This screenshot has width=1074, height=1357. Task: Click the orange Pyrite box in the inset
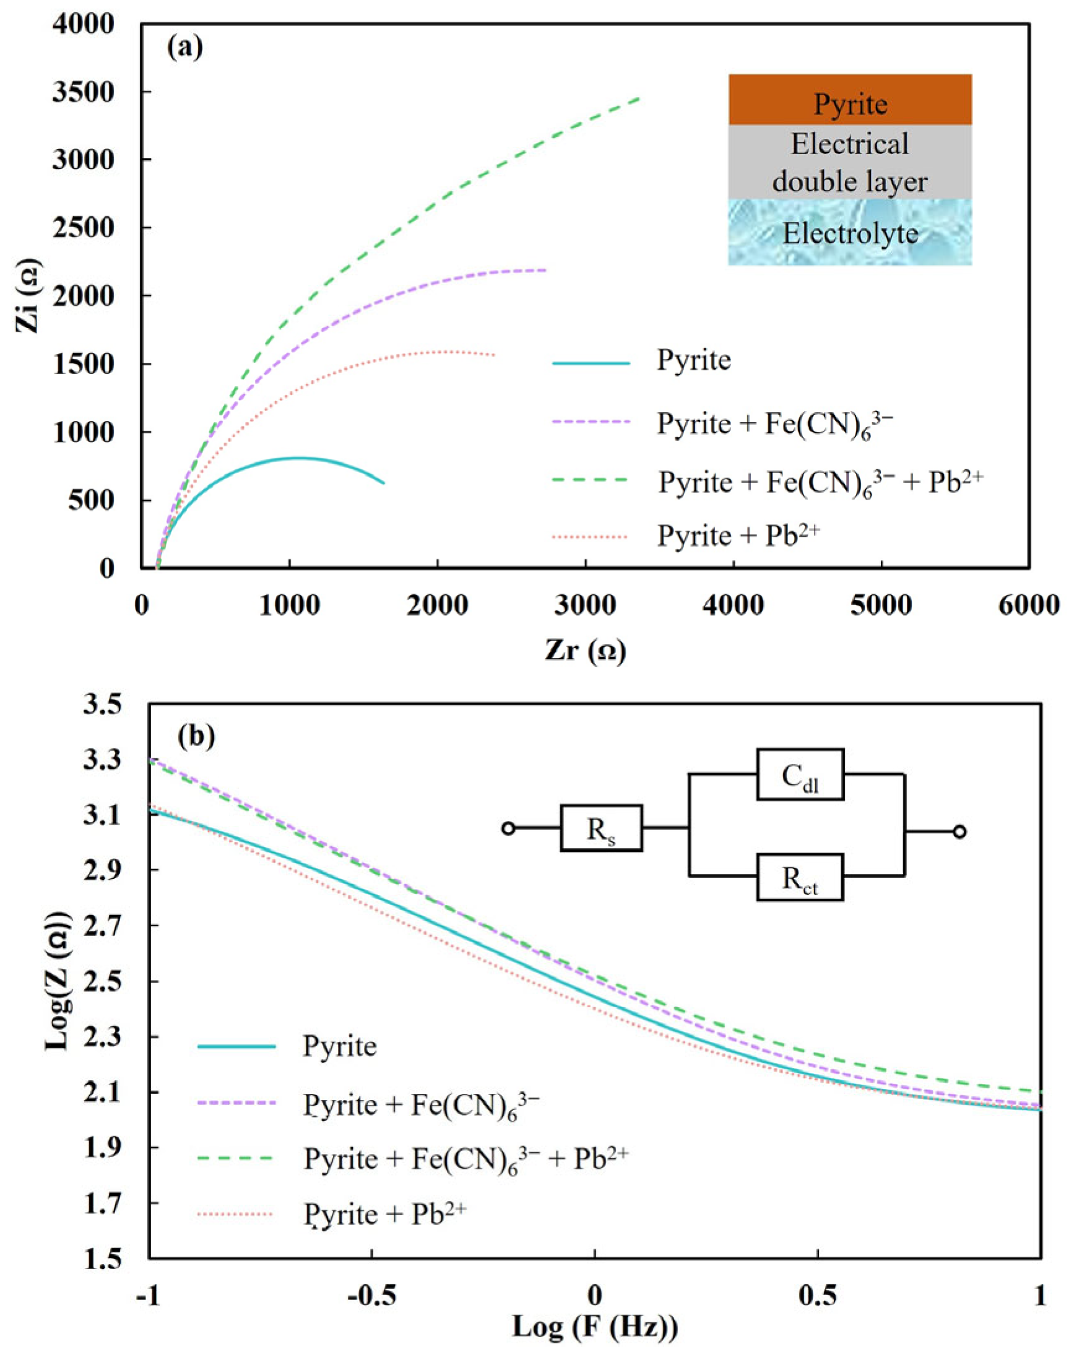point(850,100)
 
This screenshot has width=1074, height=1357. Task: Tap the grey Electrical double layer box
point(850,162)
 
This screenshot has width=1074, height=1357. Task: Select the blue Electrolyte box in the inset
point(850,233)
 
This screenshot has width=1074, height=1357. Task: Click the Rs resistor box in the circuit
point(601,828)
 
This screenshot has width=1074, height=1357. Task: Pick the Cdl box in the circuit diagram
point(800,774)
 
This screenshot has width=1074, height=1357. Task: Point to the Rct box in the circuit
point(800,877)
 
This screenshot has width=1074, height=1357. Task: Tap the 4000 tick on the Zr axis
point(733,605)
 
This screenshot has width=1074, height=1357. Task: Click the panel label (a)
point(185,48)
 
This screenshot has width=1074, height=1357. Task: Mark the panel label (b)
point(196,734)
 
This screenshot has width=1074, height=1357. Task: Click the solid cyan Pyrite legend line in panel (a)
point(591,363)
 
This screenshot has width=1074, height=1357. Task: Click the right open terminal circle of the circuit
point(959,832)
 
